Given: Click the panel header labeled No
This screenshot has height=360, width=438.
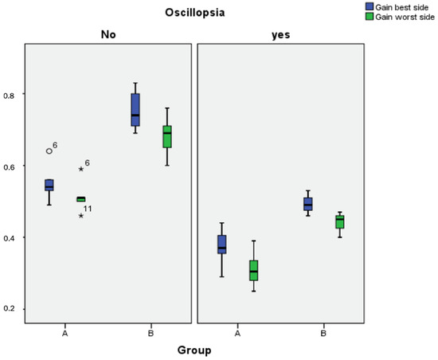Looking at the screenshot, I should coord(108,35).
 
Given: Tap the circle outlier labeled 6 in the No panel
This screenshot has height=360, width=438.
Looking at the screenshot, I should coord(49,151).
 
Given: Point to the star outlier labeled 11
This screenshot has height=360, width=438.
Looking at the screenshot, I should coord(81,216).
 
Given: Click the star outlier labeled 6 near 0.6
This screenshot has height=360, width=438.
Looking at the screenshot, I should coord(81,169).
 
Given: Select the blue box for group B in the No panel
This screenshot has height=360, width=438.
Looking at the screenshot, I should coord(135,110).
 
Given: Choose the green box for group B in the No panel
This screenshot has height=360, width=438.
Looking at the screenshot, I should coord(166,136).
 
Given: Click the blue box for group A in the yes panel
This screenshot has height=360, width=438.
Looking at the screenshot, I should coord(222,244).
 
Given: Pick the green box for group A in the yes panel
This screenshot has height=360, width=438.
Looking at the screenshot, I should coord(253,270).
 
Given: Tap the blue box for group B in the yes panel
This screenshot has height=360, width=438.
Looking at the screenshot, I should coord(308,204).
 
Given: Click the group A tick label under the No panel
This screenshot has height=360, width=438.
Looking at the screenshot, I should coord(65,334).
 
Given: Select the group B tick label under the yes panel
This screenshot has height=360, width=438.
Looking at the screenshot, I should coord(323,334).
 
